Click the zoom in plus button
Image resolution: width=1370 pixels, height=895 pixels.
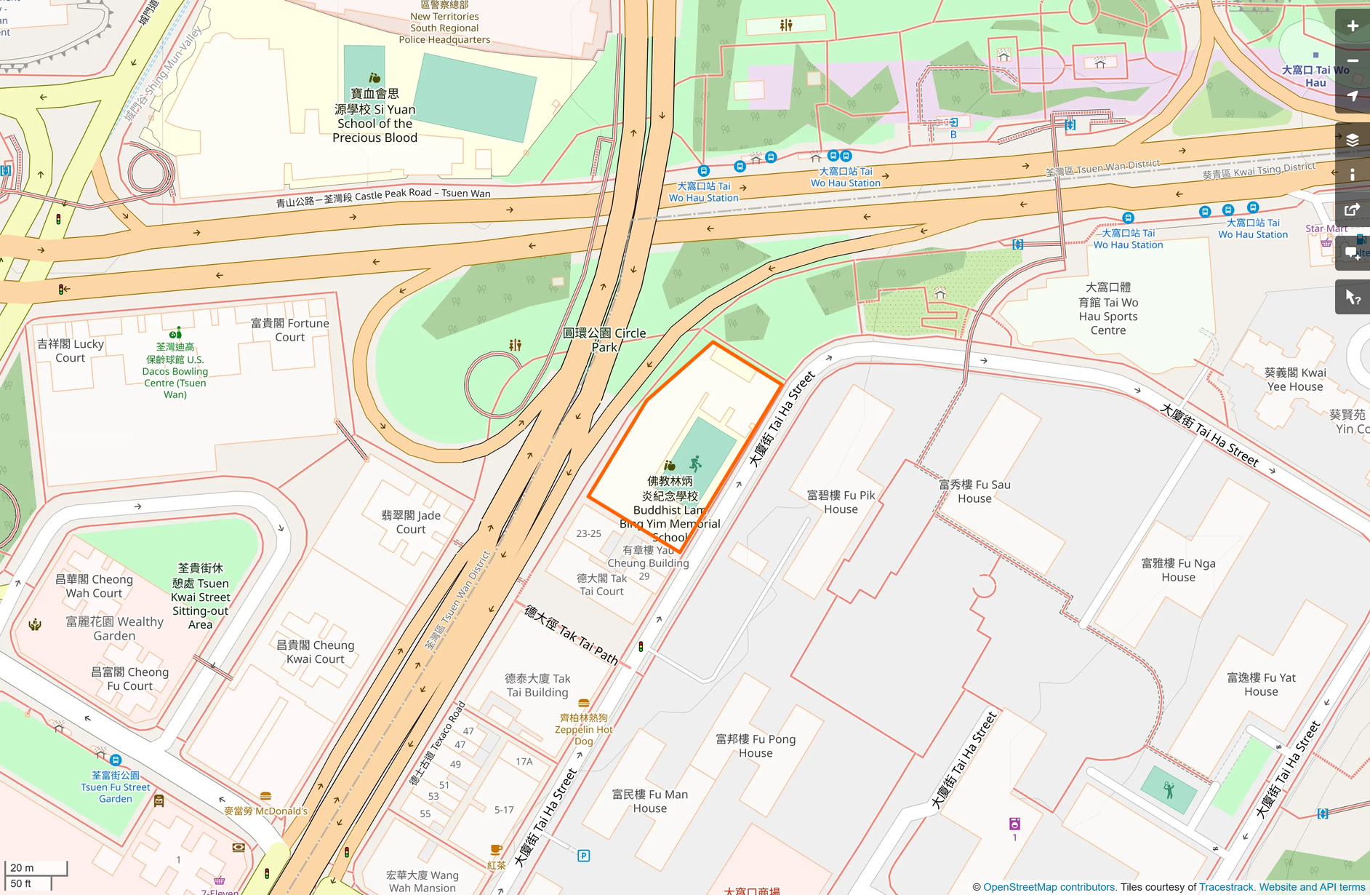point(1352,26)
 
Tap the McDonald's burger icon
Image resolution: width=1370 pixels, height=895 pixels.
point(265,796)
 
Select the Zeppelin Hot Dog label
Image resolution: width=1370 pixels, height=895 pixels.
point(583,729)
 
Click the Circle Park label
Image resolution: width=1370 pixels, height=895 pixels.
point(604,340)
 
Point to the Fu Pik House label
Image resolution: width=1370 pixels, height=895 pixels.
point(841,502)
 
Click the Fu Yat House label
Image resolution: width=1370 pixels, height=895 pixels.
point(1261,685)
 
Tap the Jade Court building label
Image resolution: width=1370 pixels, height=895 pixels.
point(411,522)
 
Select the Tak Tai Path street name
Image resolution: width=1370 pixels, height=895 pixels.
point(572,635)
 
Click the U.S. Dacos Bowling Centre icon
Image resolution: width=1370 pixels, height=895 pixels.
point(175,333)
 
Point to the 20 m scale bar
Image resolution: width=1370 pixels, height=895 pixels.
point(36,868)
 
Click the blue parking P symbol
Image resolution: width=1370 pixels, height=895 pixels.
point(583,856)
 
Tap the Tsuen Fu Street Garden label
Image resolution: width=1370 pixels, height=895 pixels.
point(115,787)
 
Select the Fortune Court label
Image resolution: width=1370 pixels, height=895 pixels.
point(289,330)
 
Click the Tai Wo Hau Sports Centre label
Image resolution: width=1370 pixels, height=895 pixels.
point(1108,309)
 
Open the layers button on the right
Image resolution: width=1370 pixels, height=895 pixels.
point(1352,140)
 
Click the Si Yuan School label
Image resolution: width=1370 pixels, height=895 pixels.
point(374,116)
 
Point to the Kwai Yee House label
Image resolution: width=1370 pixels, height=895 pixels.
point(1295,380)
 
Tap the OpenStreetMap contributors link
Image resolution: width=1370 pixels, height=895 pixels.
point(1049,887)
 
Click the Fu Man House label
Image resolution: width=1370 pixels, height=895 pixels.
point(649,801)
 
